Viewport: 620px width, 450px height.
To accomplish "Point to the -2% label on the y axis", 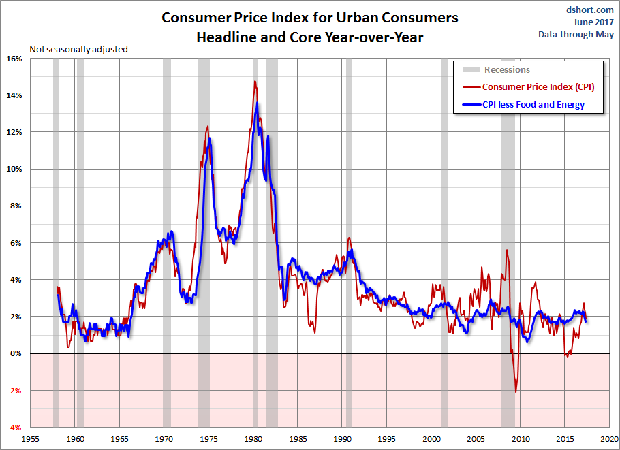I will tap(14, 391).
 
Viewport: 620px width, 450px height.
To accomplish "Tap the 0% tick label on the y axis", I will tap(16, 354).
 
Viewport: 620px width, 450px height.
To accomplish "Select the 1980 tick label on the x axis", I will tap(254, 439).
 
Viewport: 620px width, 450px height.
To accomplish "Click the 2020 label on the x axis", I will tap(609, 439).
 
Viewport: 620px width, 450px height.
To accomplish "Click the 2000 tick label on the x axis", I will tap(432, 439).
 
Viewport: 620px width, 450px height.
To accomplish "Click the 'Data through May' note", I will tap(576, 34).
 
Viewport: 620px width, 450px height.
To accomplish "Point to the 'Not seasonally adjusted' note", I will tap(78, 49).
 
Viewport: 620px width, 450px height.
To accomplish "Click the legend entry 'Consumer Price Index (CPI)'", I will tap(538, 86).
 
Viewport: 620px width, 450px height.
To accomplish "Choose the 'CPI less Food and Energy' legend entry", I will tap(533, 105).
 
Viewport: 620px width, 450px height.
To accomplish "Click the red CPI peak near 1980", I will tap(255, 82).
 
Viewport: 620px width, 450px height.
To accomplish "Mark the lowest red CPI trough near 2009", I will tap(516, 391).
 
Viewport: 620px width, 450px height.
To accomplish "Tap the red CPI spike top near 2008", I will tap(507, 250).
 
